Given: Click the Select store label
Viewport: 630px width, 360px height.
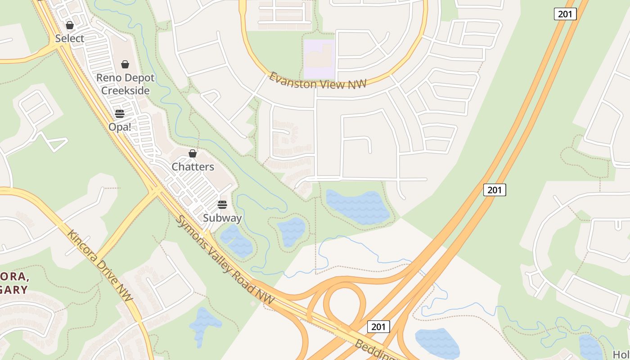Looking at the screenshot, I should tap(70, 39).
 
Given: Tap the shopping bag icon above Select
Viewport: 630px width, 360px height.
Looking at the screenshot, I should tap(70, 25).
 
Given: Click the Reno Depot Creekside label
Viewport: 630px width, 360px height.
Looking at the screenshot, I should tap(125, 84).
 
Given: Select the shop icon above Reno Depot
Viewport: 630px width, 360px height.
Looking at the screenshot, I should tap(125, 64).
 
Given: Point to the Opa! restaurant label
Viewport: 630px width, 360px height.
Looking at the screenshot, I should tap(120, 127).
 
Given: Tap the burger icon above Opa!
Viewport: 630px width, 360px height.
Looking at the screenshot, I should tap(120, 113).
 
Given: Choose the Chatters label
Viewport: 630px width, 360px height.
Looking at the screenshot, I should tap(193, 166).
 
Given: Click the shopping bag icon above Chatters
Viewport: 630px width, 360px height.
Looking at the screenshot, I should tap(193, 153).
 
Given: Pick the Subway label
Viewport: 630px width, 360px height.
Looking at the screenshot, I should tap(222, 218).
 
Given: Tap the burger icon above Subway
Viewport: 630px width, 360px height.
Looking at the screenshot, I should tap(222, 205).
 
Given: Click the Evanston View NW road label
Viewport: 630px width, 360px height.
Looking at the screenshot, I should tap(318, 81).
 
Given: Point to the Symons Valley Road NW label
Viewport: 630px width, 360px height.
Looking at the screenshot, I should tap(225, 260).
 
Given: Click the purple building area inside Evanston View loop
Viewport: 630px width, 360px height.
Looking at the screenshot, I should tap(319, 59).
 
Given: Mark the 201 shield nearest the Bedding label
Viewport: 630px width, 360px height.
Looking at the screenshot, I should tap(378, 326).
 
